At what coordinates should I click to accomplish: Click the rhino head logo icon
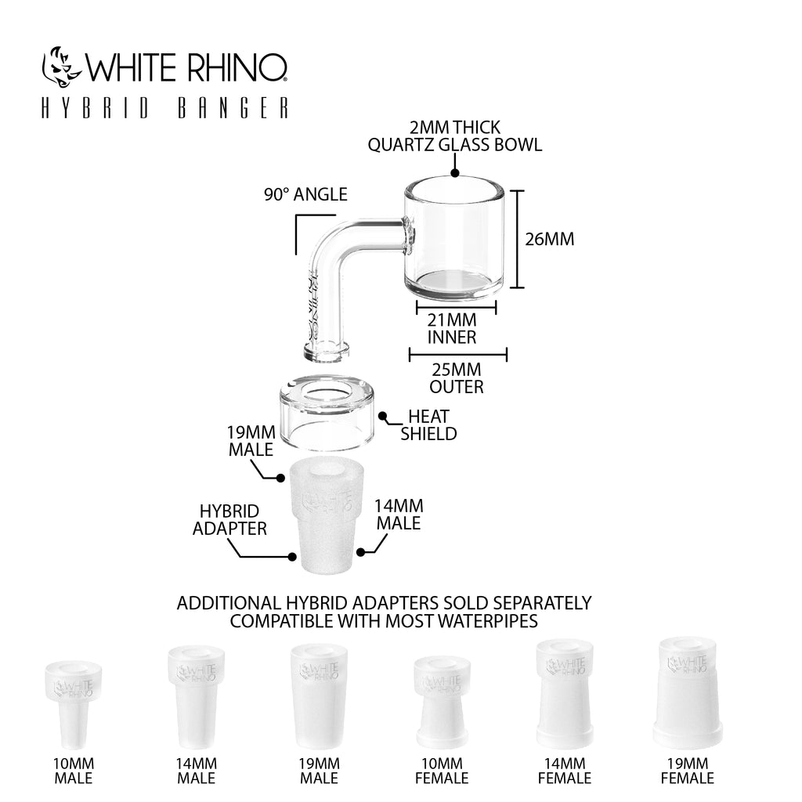click(x=61, y=68)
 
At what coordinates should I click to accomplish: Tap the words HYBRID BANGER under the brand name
click(x=164, y=108)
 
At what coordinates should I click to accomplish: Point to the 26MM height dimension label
click(x=549, y=239)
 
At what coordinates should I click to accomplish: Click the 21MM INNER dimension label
click(x=452, y=328)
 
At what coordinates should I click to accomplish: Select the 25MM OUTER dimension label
click(x=457, y=378)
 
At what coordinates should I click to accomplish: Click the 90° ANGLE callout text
click(x=306, y=194)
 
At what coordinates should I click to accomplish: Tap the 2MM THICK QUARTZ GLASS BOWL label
click(x=455, y=136)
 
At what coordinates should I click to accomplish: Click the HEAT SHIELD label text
click(x=428, y=425)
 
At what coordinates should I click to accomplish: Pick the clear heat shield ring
click(x=327, y=414)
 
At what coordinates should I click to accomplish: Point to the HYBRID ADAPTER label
click(x=229, y=520)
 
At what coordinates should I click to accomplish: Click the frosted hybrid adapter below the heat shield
click(x=327, y=515)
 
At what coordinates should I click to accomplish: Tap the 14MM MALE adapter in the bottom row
click(x=197, y=697)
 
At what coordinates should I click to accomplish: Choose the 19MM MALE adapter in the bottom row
click(x=320, y=696)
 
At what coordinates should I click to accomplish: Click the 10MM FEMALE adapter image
click(x=442, y=703)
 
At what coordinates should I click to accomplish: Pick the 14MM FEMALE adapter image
click(x=565, y=694)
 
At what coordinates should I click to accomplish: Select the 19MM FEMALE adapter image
click(x=688, y=692)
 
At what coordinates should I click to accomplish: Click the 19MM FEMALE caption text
click(x=688, y=771)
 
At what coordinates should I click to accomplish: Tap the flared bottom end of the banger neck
click(x=327, y=352)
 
